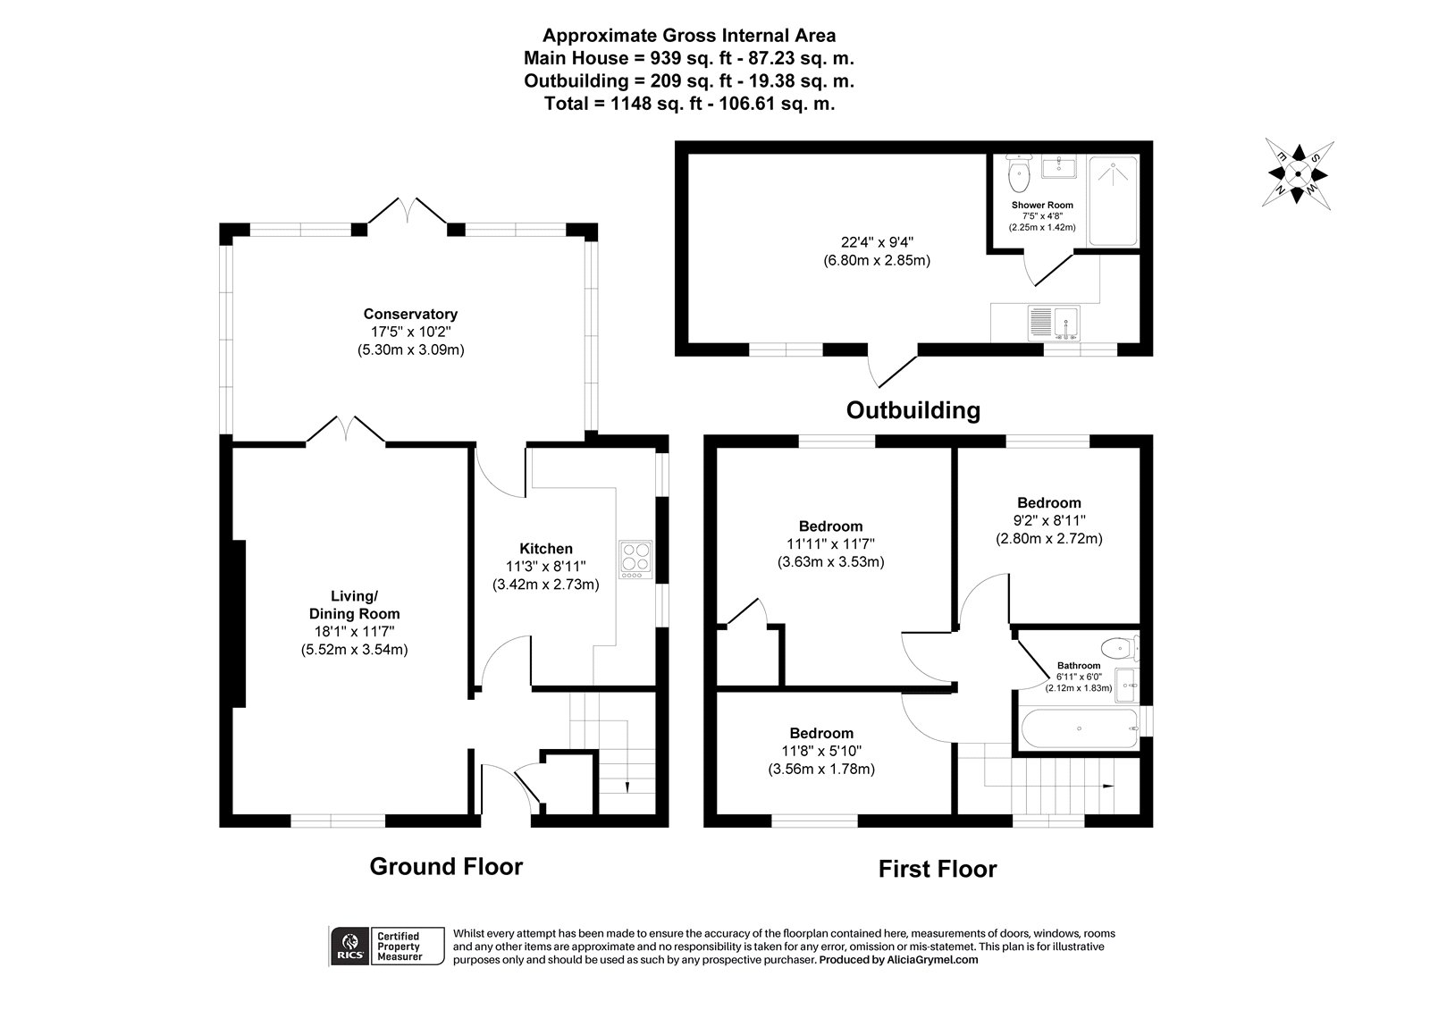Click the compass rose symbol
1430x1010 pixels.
click(1300, 174)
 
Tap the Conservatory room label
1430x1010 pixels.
click(410, 314)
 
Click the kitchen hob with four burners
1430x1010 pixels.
click(635, 560)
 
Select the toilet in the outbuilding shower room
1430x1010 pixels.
click(1018, 175)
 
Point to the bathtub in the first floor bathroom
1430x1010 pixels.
click(1078, 729)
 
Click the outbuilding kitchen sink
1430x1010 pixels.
click(1054, 323)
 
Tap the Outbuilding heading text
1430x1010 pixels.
click(913, 410)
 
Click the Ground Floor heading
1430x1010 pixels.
click(446, 866)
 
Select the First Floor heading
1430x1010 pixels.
click(937, 869)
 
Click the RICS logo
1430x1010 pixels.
click(347, 946)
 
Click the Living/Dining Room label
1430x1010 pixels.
click(355, 605)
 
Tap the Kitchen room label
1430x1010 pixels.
click(545, 549)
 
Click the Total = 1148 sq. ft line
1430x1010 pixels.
click(689, 104)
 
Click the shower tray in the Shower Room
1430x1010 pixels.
click(1114, 200)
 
